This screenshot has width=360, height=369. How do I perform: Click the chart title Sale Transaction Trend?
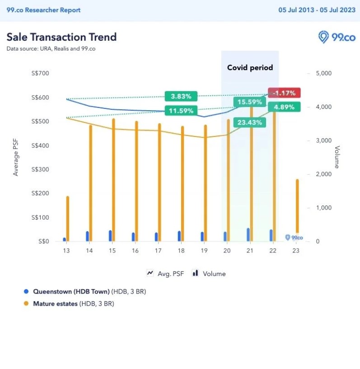tap(61, 37)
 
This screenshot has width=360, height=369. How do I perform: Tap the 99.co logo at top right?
tap(337, 37)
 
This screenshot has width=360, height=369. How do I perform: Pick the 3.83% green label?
tap(181, 96)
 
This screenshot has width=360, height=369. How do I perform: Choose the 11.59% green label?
tap(181, 110)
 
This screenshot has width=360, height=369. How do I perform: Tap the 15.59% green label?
tap(249, 102)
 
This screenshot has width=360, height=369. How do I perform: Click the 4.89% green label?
tap(284, 107)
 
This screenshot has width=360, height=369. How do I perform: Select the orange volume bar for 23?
tap(297, 206)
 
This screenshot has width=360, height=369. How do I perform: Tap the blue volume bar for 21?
tap(248, 234)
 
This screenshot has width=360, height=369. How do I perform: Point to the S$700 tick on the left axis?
tap(39, 73)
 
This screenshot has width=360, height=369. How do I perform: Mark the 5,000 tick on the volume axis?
tap(323, 73)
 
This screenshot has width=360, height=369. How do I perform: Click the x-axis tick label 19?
tap(204, 251)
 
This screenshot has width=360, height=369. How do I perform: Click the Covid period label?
tap(250, 68)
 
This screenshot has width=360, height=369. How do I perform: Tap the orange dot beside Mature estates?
tap(26, 304)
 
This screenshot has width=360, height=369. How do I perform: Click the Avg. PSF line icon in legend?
tap(150, 273)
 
